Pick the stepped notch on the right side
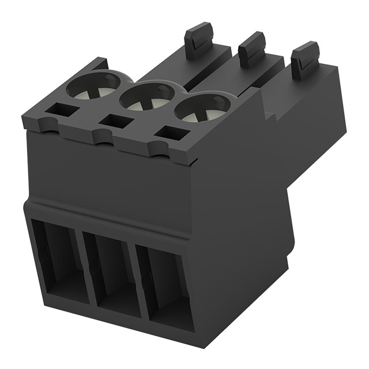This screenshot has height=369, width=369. (x=269, y=112)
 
